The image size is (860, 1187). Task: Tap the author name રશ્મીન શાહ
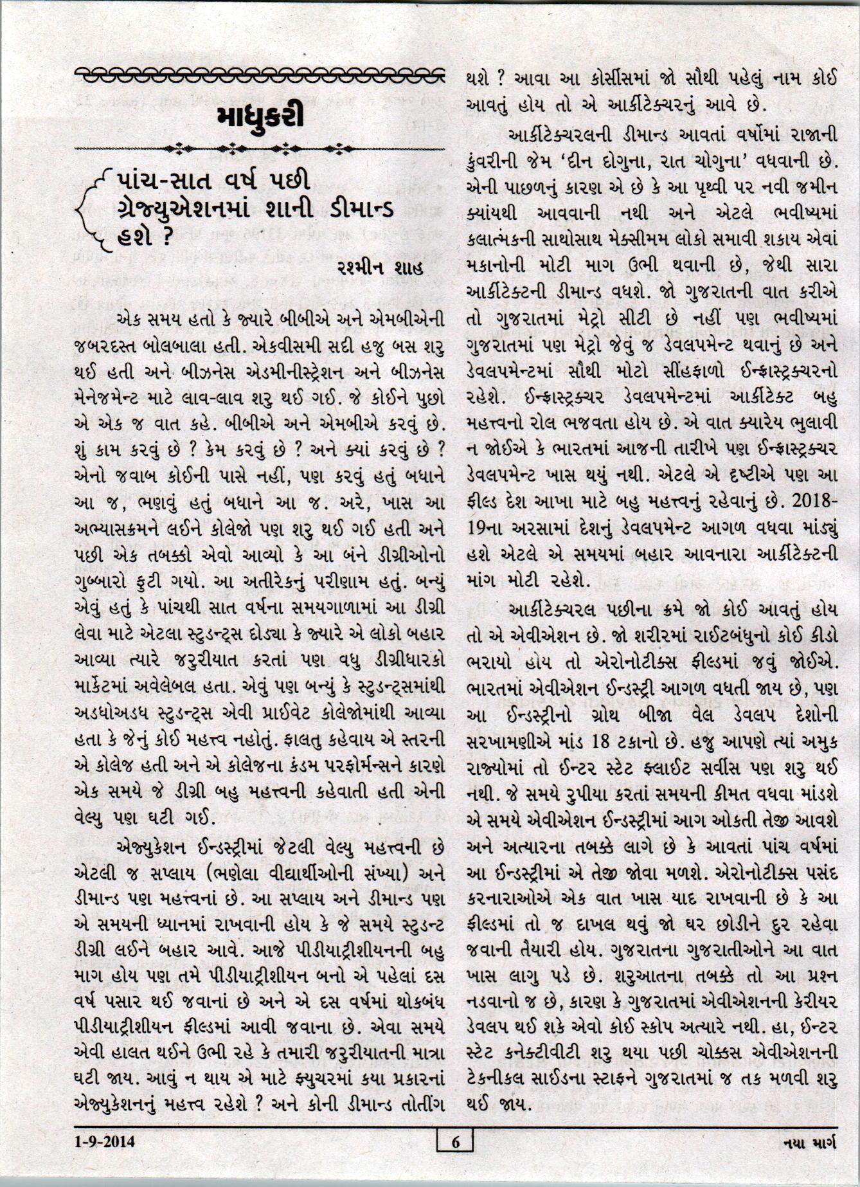click(x=380, y=269)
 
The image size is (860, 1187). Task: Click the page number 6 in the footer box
click(x=455, y=1142)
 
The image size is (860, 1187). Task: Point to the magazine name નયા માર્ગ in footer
click(x=809, y=1143)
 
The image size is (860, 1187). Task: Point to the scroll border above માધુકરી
click(x=259, y=75)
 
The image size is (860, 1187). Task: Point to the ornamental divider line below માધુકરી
click(x=259, y=149)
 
